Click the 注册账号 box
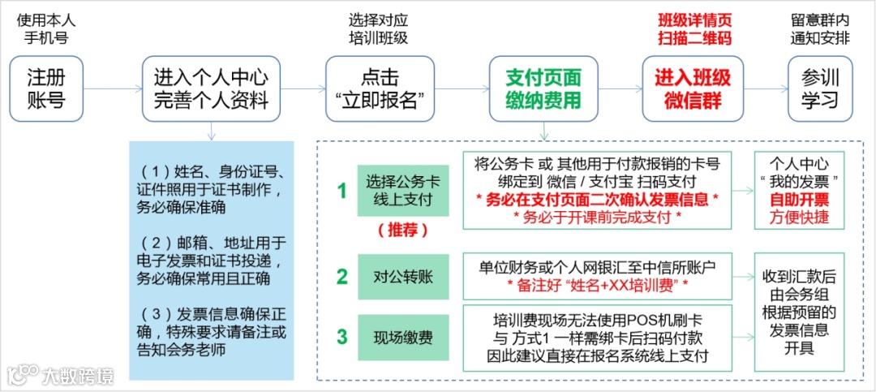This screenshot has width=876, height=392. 46,89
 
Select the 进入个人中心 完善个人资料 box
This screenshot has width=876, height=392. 211,89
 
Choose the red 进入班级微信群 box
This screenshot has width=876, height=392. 693,89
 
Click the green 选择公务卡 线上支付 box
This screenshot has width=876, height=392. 403,192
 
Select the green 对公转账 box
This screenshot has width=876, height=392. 403,276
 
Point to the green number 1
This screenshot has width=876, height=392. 342,192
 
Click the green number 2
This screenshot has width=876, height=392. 342,276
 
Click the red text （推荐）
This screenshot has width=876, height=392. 403,230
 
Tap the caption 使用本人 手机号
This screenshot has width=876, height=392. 46,29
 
